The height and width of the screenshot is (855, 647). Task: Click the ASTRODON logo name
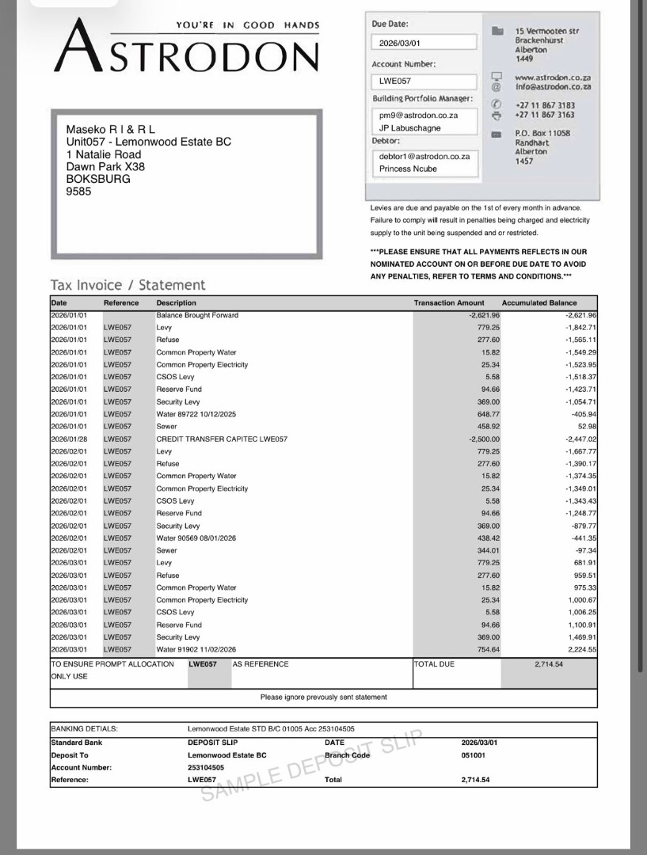pyautogui.click(x=188, y=55)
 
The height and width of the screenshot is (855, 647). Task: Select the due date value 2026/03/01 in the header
pyautogui.click(x=401, y=43)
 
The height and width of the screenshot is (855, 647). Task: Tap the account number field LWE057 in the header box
pyautogui.click(x=395, y=81)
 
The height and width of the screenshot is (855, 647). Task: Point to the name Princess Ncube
pyautogui.click(x=408, y=169)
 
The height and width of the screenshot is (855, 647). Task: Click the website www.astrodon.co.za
pyautogui.click(x=553, y=78)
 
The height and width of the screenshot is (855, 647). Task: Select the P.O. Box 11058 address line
pyautogui.click(x=542, y=133)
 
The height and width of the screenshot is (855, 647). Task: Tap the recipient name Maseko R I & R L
pyautogui.click(x=111, y=130)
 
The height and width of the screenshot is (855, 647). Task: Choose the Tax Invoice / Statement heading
pyautogui.click(x=127, y=285)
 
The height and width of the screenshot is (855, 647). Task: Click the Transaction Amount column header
pyautogui.click(x=449, y=303)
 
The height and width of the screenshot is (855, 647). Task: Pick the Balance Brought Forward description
pyautogui.click(x=197, y=315)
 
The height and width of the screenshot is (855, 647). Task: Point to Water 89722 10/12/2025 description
pyautogui.click(x=196, y=414)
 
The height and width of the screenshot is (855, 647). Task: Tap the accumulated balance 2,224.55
pyautogui.click(x=582, y=650)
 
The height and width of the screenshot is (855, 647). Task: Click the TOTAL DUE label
pyautogui.click(x=435, y=664)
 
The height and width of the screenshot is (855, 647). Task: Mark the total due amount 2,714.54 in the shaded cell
pyautogui.click(x=548, y=664)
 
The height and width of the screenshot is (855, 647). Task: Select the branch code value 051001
pyautogui.click(x=474, y=755)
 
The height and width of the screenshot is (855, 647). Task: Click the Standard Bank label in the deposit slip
pyautogui.click(x=77, y=743)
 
